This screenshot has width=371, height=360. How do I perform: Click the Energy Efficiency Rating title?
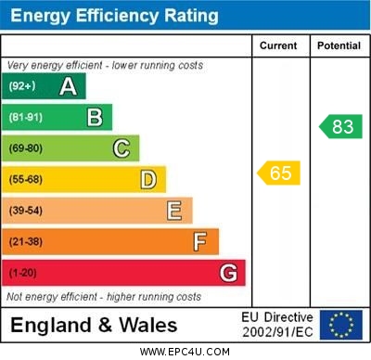coord(114,16)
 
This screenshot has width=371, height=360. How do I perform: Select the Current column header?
coord(278,45)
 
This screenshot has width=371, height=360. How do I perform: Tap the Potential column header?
coord(339,45)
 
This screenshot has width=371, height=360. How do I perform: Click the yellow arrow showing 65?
coord(279,173)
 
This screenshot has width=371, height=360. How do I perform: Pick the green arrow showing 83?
coord(340,126)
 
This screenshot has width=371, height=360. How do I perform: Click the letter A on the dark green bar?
coord(68,86)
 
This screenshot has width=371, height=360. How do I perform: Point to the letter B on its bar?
coord(95,117)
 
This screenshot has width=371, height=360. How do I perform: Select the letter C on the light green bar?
coord(122,148)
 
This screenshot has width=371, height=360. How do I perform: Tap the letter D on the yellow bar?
coord(148,179)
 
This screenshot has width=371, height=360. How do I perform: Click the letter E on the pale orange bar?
coord(174,211)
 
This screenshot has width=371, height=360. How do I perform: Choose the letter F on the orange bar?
coord(200,241)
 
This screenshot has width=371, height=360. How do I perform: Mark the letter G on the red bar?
coord(228,273)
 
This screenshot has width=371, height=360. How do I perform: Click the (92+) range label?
coord(22,86)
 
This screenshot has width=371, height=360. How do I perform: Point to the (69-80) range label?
coord(26,148)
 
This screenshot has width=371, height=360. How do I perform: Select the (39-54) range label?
coord(26,211)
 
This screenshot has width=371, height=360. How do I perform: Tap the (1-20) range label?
coord(23,273)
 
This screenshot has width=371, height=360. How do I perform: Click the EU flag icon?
coord(340,325)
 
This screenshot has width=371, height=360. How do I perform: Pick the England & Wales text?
coord(94,325)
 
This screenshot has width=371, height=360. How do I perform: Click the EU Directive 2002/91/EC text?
coord(277,325)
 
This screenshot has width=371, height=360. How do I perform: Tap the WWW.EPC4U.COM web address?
coord(185,352)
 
